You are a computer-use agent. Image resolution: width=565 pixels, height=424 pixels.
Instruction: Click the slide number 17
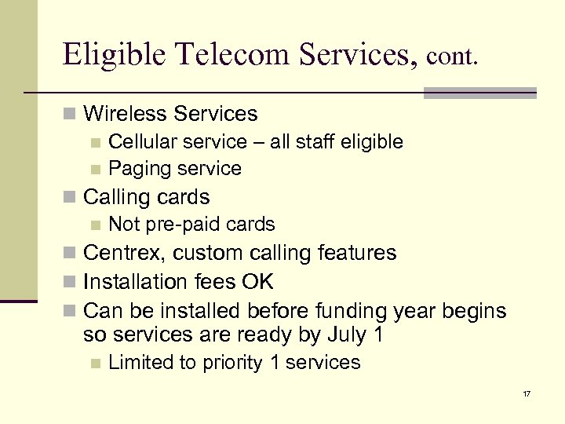pyautogui.click(x=526, y=393)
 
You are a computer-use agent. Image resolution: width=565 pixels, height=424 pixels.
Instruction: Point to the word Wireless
pyautogui.click(x=125, y=114)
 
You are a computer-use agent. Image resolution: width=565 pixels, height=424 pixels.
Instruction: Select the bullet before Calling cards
pyautogui.click(x=71, y=197)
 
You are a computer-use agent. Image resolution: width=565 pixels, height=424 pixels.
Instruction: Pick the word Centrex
pyautogui.click(x=124, y=253)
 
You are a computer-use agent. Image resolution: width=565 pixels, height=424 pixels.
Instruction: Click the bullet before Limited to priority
pyautogui.click(x=95, y=364)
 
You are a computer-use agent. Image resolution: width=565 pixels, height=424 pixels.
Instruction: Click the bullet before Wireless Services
pyautogui.click(x=71, y=115)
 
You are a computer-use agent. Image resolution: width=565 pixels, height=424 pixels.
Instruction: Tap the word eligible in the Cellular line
pyautogui.click(x=370, y=142)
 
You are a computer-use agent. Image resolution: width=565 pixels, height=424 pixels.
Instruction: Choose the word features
pyautogui.click(x=359, y=253)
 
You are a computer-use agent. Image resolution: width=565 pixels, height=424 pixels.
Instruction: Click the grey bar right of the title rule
pyautogui.click(x=479, y=93)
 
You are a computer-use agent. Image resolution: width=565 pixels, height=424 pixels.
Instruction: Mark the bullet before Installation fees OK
pyautogui.click(x=71, y=282)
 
